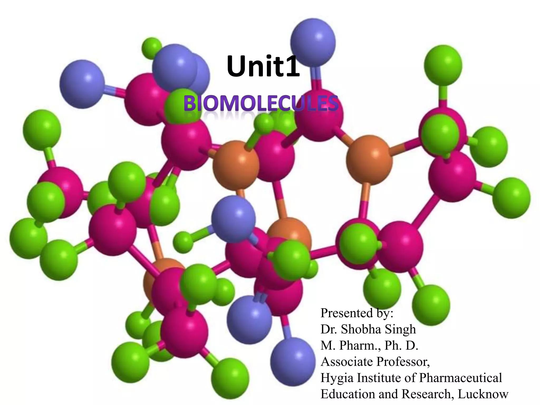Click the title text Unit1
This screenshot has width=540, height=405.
[x=263, y=66]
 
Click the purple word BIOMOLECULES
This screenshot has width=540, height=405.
[x=261, y=104]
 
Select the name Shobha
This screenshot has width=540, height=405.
[x=360, y=329]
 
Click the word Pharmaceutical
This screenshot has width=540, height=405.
[x=460, y=378]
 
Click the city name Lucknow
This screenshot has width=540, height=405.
[x=483, y=394]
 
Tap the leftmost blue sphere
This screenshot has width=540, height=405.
[x=82, y=84]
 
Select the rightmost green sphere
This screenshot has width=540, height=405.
[x=511, y=198]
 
